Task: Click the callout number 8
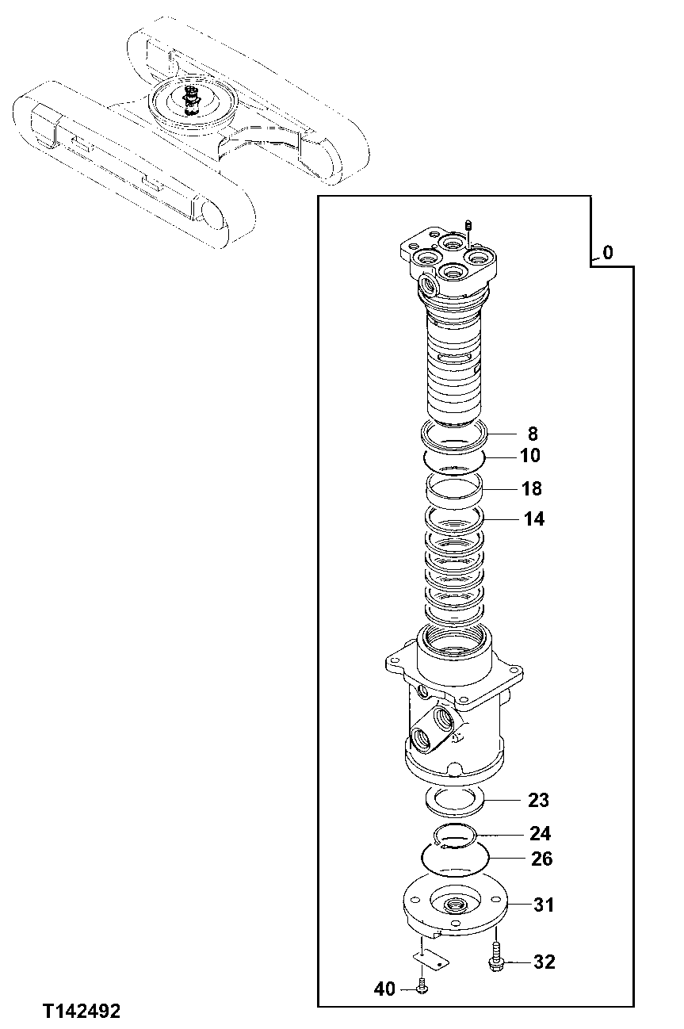(x=532, y=434)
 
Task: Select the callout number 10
(x=530, y=456)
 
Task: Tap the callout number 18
(x=532, y=488)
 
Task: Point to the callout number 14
(x=533, y=519)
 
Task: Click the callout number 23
(x=538, y=801)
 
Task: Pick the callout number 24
(x=541, y=834)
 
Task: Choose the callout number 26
(x=542, y=859)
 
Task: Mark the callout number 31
(x=543, y=905)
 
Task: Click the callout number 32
(x=544, y=962)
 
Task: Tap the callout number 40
(x=384, y=989)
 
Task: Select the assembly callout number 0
(x=607, y=254)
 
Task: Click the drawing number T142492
(x=82, y=1012)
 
